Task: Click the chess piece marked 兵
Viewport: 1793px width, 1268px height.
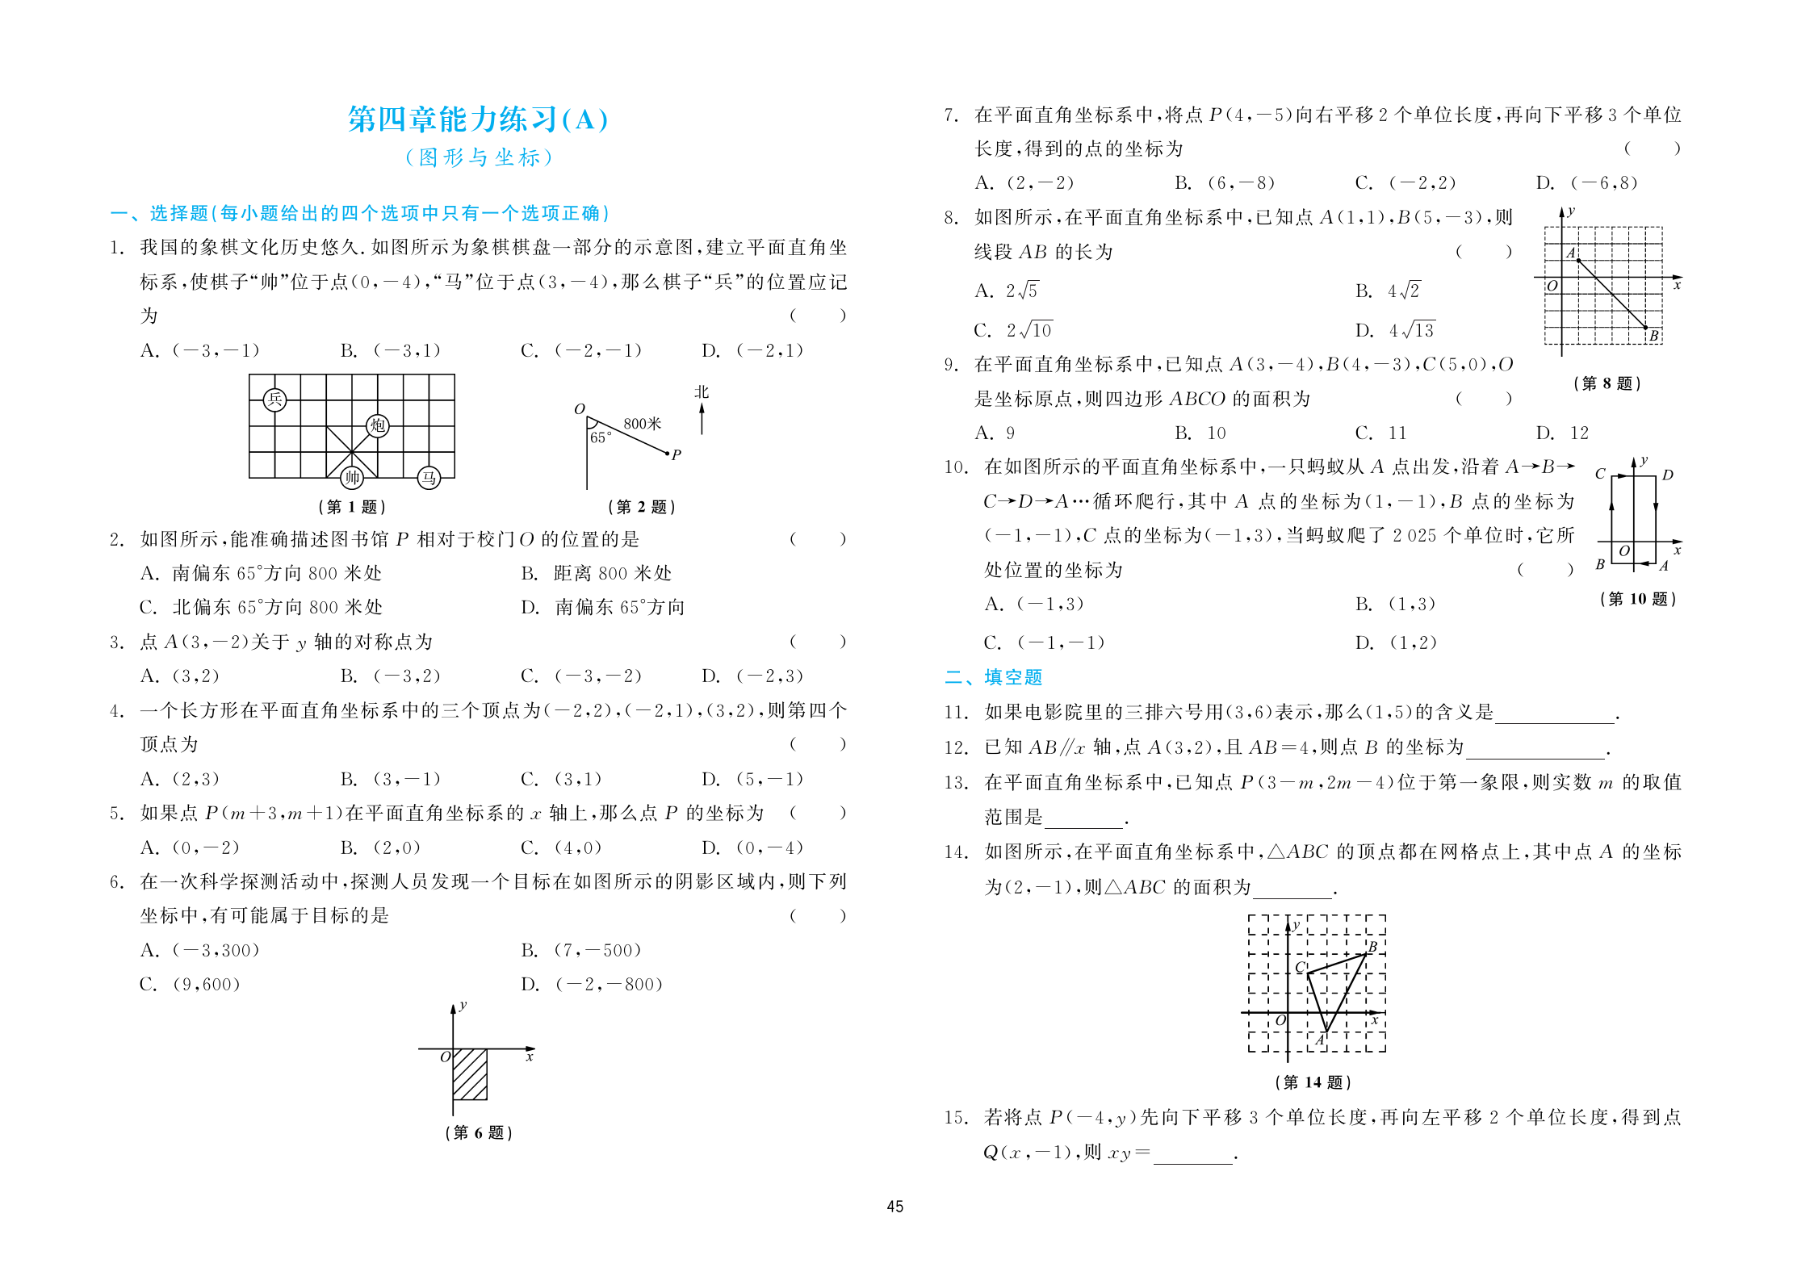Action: tap(274, 399)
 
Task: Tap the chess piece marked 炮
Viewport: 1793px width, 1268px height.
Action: tap(377, 425)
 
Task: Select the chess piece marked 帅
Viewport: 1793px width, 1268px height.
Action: tap(351, 478)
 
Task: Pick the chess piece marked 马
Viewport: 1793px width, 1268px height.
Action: tap(429, 478)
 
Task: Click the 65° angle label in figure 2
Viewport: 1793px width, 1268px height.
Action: tap(601, 437)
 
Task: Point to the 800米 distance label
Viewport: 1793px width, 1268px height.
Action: tap(642, 424)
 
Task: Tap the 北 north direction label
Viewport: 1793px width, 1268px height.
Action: tap(702, 392)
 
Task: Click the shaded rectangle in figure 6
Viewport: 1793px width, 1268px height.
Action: tap(470, 1073)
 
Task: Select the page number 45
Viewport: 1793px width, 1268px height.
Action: tap(894, 1207)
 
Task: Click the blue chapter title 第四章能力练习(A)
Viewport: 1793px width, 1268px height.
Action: tap(478, 119)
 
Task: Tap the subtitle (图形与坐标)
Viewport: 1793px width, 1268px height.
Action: tap(478, 157)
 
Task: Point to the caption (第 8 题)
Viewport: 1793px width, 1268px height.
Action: tap(1607, 383)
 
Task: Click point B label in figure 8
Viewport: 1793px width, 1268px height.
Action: tap(1653, 336)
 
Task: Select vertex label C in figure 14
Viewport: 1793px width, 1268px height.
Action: tap(1300, 967)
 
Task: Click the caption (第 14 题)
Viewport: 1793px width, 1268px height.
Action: tap(1313, 1082)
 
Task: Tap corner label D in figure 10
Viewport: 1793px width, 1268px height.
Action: tap(1667, 475)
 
